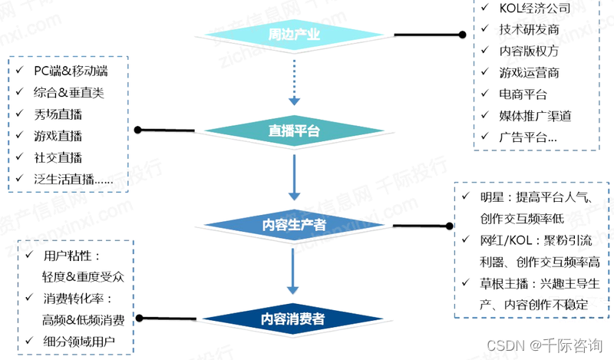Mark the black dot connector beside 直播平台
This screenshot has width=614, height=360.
coord(138,129)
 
